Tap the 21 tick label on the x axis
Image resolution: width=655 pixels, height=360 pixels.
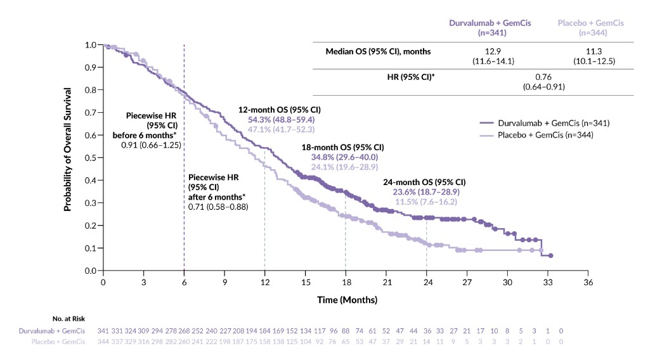coord(386,282)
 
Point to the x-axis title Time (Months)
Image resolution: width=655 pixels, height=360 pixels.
coord(347,299)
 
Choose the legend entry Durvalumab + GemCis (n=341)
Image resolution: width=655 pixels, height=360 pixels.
coord(545,123)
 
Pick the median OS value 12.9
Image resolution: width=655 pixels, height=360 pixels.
coord(490,51)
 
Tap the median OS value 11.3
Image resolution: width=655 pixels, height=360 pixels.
coord(587,51)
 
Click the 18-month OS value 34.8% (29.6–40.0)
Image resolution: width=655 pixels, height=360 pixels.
coord(347,157)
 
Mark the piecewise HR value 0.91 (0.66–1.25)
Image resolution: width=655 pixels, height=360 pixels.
coord(152,145)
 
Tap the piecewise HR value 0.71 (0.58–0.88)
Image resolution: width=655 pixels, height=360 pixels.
coord(217,207)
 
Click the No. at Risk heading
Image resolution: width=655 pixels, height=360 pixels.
coord(69,319)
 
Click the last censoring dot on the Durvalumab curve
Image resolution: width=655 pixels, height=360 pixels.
coord(550,255)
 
